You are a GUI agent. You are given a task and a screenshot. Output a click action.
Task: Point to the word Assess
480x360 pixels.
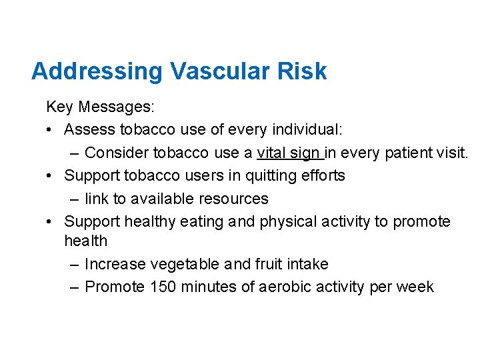click(x=89, y=129)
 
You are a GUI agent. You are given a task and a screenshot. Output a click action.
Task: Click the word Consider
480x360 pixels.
click(x=117, y=153)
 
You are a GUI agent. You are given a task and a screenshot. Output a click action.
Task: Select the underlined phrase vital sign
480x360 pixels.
click(x=288, y=153)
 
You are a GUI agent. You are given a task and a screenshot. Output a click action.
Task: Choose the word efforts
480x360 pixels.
click(x=322, y=175)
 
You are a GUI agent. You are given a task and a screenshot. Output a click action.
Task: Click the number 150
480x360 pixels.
click(x=164, y=287)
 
